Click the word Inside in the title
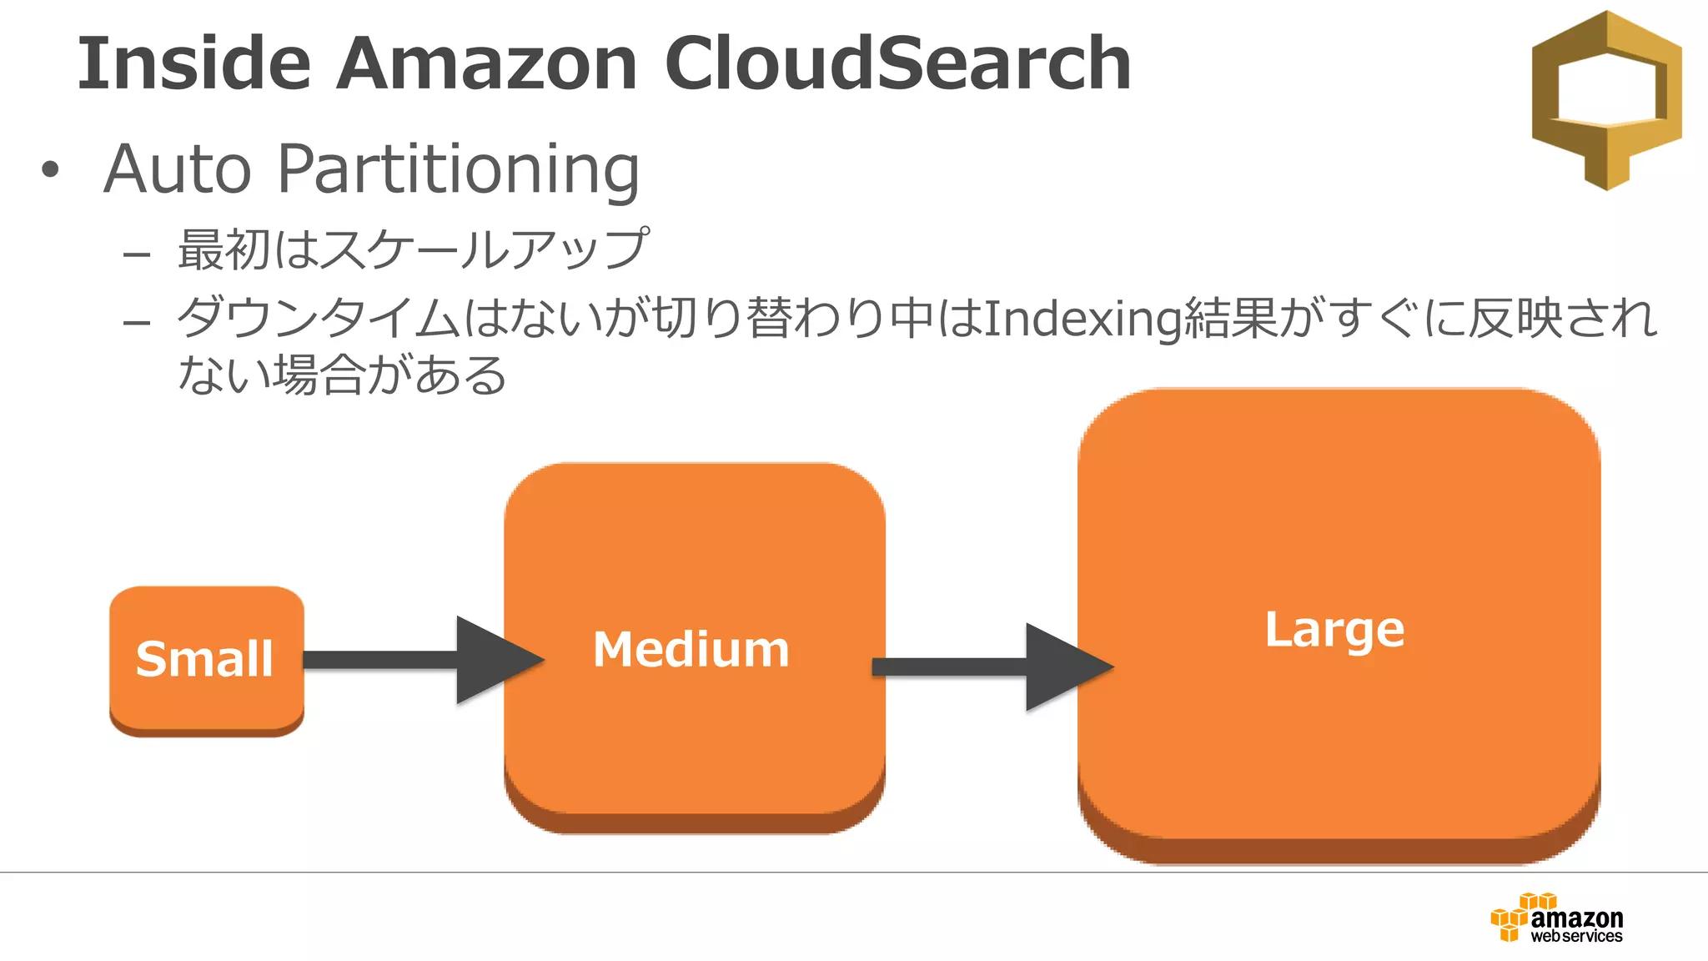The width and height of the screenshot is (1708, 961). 193,63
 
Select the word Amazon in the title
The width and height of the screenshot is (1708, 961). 486,63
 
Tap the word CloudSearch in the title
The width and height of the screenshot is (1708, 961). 897,63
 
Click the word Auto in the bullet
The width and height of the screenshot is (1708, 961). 177,169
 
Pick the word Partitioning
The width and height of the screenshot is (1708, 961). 458,171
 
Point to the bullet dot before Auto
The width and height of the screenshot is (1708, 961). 51,170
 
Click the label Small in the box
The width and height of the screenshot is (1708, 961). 204,659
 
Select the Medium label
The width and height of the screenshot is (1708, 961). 691,649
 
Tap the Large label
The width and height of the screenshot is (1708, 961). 1334,630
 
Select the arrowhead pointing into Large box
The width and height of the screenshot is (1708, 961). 1063,667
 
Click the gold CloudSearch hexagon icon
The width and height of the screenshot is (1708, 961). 1606,100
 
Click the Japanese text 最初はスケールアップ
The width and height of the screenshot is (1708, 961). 413,249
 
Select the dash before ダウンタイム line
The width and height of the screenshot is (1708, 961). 136,322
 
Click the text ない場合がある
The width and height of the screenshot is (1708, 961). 342,375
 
